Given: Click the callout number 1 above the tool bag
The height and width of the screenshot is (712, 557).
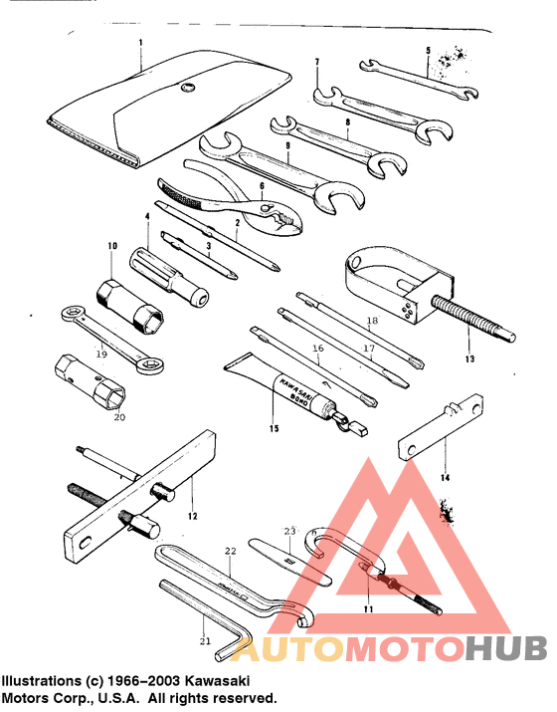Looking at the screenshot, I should [x=140, y=43].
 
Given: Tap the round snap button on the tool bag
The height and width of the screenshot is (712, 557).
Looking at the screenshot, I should [x=185, y=92].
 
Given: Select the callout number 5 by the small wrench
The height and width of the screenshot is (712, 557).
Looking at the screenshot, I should [x=428, y=51].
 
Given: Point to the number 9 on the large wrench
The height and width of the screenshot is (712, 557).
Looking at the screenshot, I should [x=286, y=145].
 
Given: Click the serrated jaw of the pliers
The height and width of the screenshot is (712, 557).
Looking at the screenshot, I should [x=184, y=190].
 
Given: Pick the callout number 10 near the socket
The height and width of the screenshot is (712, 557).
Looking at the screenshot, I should [x=112, y=245].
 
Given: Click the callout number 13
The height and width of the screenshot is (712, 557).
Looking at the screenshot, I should [x=468, y=357].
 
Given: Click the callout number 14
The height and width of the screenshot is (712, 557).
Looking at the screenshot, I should [x=445, y=478].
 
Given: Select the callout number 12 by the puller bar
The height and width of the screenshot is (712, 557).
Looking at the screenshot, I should [x=192, y=516].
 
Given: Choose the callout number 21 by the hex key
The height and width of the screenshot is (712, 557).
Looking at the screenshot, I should [x=205, y=640].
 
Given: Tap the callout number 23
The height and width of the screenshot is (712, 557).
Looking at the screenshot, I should [x=290, y=531].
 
